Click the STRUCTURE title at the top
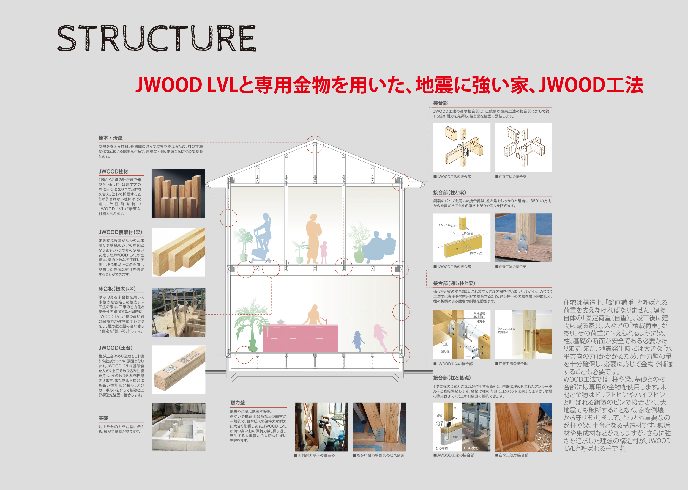pos(156,38)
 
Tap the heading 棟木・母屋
pos(110,138)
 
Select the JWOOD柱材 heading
pos(113,171)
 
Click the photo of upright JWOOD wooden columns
pos(178,193)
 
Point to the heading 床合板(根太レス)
pos(117,289)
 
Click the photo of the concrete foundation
pos(178,427)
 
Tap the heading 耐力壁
pos(237,403)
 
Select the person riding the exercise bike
pos(262,238)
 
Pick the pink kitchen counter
pos(300,338)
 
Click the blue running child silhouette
pos(358,341)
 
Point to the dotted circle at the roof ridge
pos(315,145)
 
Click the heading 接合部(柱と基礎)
pos(452,378)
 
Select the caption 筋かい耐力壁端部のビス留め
pos(379,455)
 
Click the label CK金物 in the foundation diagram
pos(442,448)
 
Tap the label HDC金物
pos(471,448)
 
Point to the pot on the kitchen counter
pos(280,322)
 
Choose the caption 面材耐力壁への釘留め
pos(315,455)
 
